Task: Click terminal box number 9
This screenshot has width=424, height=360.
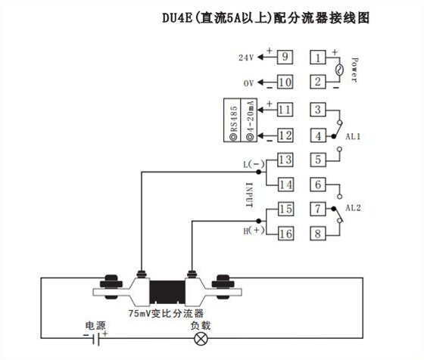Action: click(x=285, y=57)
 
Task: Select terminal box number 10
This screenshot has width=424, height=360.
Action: click(x=285, y=82)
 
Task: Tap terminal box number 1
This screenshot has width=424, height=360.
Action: click(x=320, y=57)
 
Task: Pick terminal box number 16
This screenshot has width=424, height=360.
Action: click(x=285, y=234)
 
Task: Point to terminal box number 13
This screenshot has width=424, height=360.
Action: click(x=285, y=160)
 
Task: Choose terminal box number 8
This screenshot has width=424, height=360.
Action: click(x=320, y=234)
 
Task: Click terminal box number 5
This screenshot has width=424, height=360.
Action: click(x=320, y=160)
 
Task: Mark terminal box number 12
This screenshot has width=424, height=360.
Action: click(x=285, y=135)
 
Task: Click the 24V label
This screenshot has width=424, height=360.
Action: click(x=245, y=57)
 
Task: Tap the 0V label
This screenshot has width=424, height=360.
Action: click(x=247, y=82)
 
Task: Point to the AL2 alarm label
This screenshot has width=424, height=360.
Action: click(x=353, y=207)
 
